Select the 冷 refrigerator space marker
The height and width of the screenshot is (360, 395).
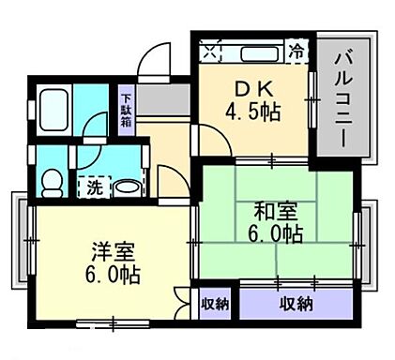point(297,48)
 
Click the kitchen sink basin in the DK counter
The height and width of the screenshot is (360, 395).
point(257,49)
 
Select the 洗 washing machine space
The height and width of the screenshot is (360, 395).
point(95,186)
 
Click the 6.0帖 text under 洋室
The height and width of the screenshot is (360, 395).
point(114,277)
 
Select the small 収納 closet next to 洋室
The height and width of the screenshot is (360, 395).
point(216,303)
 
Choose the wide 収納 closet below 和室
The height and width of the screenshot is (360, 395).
point(296,303)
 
